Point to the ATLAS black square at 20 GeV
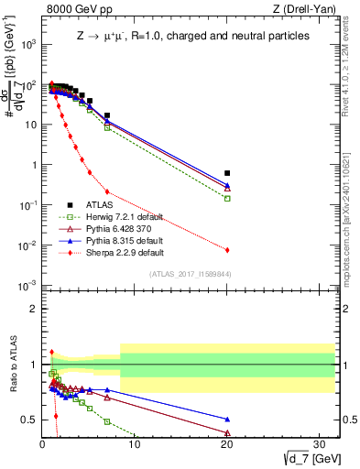coord(227,173)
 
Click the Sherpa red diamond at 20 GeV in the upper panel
coord(227,250)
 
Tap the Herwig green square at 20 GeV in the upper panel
coord(227,198)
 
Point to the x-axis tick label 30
coord(322,445)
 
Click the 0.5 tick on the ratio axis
coord(27,420)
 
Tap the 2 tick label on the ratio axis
coord(30,309)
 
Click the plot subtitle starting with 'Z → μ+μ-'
coord(191,35)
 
